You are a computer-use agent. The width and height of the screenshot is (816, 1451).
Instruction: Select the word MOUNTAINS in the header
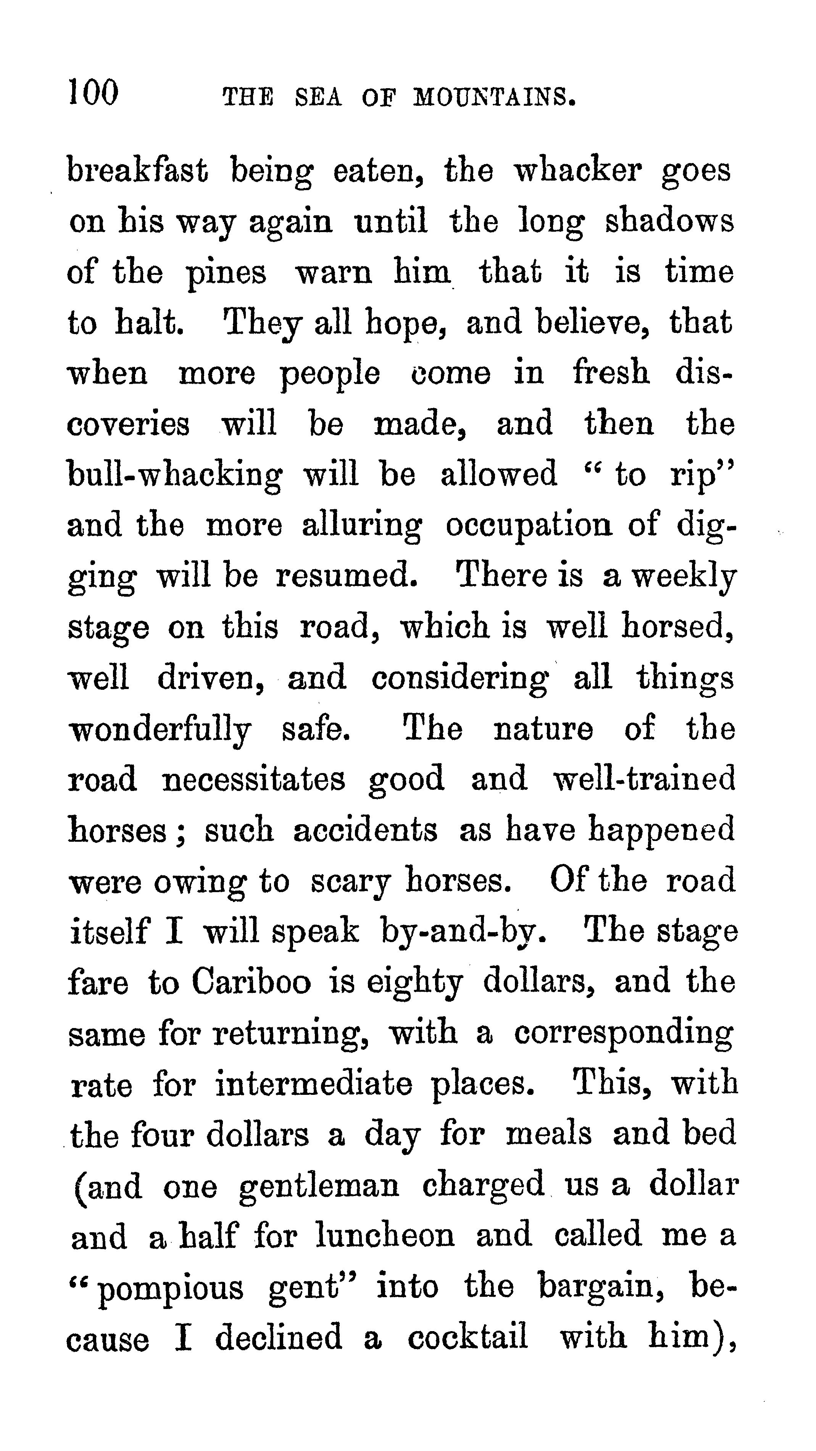coord(494,97)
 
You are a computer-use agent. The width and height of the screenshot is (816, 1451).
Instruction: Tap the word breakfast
coord(137,170)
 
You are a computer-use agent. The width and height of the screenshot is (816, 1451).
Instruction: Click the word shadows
coord(669,221)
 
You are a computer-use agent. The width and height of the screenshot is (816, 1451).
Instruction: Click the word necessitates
coord(253,780)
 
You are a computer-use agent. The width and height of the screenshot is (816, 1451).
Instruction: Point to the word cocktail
coord(468,1338)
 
